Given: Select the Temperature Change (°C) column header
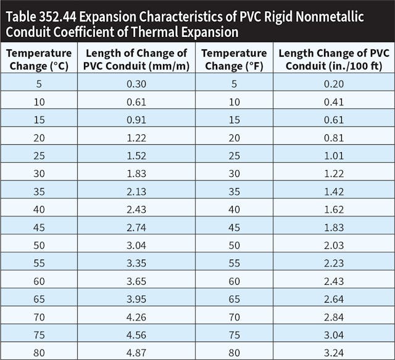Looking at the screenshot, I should point(39,59).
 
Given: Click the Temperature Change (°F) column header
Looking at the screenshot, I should point(234,59).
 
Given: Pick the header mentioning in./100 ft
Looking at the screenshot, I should point(333,59).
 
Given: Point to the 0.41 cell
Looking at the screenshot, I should point(333,100).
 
